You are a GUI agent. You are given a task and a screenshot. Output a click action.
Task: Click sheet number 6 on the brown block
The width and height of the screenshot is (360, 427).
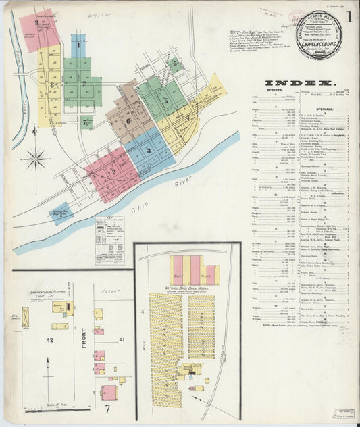click(x=128, y=121)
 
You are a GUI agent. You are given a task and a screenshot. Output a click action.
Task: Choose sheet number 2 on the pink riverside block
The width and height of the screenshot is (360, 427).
click(x=113, y=171)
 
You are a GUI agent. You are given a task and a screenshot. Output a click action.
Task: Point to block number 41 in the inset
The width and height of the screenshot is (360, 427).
click(x=122, y=338)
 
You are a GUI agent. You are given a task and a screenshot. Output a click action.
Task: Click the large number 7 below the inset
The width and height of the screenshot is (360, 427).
click(x=107, y=409)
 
